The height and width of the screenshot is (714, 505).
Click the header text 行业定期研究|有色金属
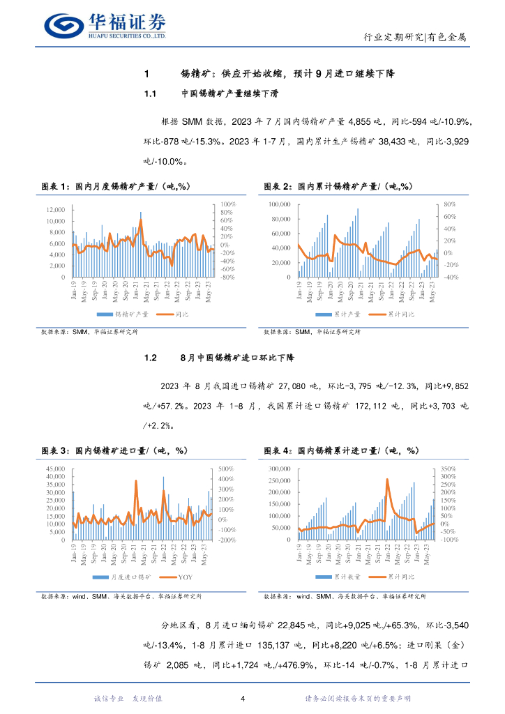(x=415, y=38)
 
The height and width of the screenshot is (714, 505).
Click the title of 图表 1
(x=116, y=186)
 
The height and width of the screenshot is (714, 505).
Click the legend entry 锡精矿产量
(x=126, y=314)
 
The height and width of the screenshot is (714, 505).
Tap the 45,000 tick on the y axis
(x=54, y=469)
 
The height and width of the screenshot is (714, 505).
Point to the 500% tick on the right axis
(x=227, y=469)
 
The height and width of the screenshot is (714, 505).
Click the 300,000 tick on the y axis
(x=276, y=469)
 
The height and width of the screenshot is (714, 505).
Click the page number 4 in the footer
(x=242, y=699)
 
